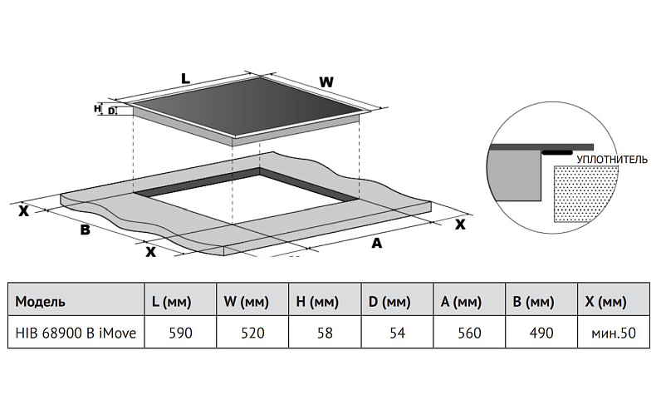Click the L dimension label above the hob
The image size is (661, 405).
[185, 78]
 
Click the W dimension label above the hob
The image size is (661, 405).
[326, 81]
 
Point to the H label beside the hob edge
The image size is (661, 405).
[98, 108]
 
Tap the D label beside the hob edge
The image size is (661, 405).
[111, 110]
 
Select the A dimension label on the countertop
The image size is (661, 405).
[376, 243]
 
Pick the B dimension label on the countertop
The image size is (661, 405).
[85, 230]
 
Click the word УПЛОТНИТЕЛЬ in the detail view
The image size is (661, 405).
[611, 156]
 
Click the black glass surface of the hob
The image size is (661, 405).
[249, 108]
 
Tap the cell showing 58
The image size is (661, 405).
[324, 333]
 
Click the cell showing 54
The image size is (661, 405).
[398, 333]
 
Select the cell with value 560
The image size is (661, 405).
[469, 333]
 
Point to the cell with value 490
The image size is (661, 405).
[541, 333]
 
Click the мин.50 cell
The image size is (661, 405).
[614, 333]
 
